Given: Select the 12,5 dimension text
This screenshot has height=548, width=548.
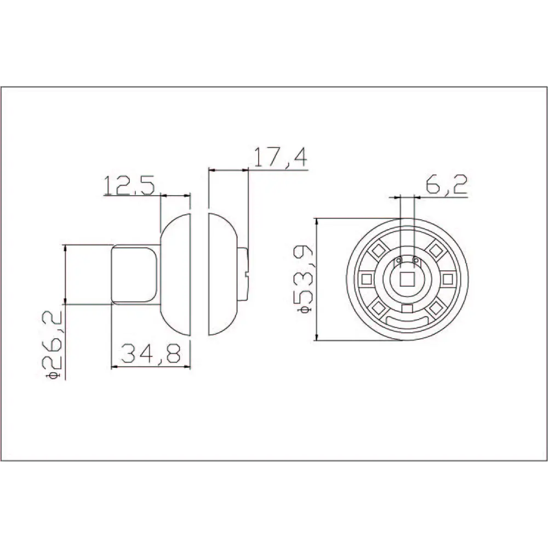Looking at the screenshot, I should point(128,186).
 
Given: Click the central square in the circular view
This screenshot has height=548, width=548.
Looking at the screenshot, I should point(407,279).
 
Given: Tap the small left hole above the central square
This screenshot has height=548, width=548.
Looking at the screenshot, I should point(399,260).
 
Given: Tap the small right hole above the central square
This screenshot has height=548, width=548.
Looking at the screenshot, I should point(415,260).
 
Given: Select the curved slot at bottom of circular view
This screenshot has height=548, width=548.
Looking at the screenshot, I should point(407,320).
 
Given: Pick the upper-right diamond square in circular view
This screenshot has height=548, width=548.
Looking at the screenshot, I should point(436,250).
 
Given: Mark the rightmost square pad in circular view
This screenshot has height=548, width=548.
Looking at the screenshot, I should point(448,279).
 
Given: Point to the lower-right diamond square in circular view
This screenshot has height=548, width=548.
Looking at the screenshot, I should point(436,309).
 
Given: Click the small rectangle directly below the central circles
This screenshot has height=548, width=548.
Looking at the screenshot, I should point(407,310).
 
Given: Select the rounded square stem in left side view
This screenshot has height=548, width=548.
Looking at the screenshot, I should point(135,274).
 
